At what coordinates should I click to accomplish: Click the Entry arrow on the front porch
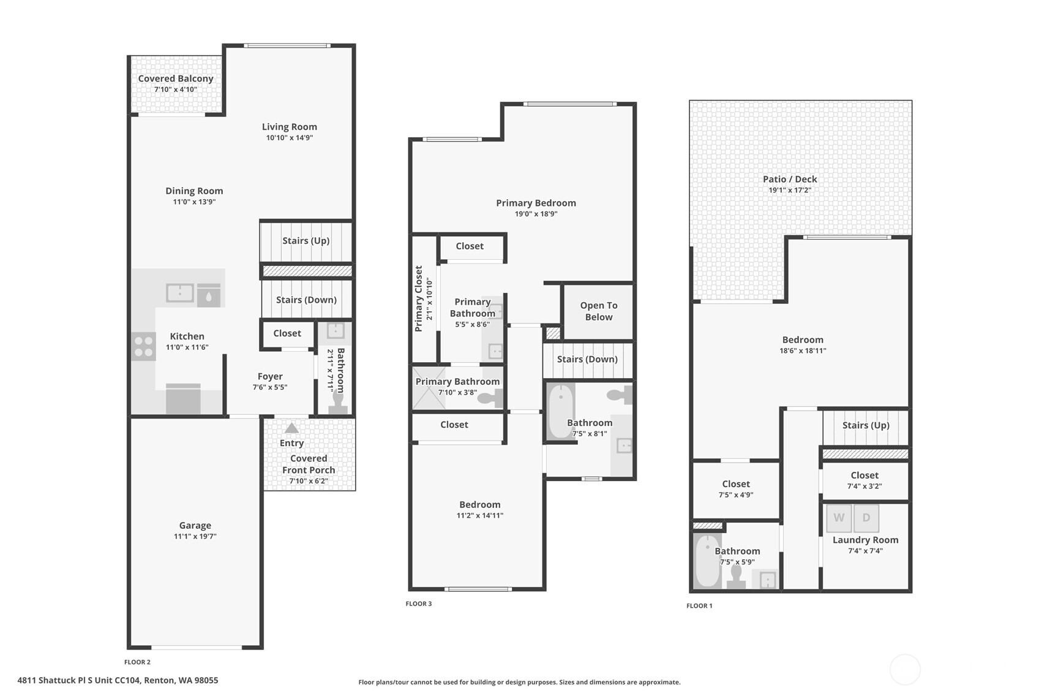(x=291, y=428)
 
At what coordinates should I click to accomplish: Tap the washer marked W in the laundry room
(x=839, y=518)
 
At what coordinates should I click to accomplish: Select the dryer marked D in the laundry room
(x=866, y=518)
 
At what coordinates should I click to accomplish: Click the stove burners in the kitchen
(x=144, y=347)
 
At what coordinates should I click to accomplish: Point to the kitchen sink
(x=180, y=293)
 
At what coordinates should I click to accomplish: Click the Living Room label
(x=290, y=127)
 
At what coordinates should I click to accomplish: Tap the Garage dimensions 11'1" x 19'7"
(x=195, y=536)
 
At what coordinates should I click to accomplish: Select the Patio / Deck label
(x=790, y=179)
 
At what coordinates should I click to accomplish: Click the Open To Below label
(x=599, y=311)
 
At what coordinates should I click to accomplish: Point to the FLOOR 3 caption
(x=418, y=604)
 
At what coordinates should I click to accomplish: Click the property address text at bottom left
(x=118, y=680)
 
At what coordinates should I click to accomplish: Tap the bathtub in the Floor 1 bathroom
(x=707, y=561)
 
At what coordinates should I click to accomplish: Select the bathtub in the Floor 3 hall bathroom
(x=561, y=411)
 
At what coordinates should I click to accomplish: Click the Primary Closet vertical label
(x=418, y=298)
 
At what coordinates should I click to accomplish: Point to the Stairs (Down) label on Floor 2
(x=306, y=300)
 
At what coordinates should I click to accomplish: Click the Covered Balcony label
(x=176, y=78)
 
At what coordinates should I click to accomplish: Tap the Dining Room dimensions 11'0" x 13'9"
(x=194, y=202)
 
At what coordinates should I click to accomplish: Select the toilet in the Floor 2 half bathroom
(x=338, y=402)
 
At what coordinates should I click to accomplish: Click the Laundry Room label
(x=866, y=540)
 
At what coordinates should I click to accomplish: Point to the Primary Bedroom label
(x=536, y=203)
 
